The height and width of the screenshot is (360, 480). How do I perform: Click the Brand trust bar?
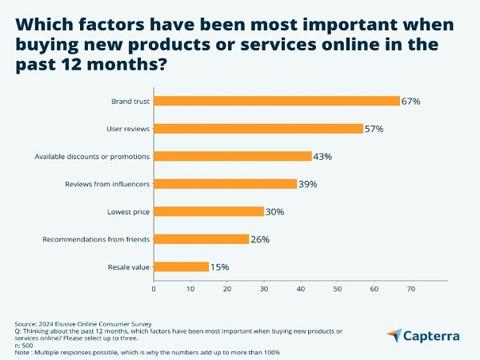pyautogui.click(x=277, y=101)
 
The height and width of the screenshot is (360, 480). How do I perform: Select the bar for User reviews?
pyautogui.click(x=258, y=128)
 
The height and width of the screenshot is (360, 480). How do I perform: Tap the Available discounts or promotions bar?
pyautogui.click(x=233, y=156)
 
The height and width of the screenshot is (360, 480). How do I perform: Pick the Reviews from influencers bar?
pyautogui.click(x=226, y=183)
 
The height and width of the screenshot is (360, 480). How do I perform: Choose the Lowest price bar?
pyautogui.click(x=209, y=211)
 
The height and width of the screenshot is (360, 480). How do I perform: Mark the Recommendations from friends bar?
pyautogui.click(x=202, y=238)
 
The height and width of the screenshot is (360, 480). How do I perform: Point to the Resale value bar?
pyautogui.click(x=182, y=266)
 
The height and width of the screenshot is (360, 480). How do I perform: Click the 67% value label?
pyautogui.click(x=411, y=102)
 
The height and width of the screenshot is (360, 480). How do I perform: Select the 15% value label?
pyautogui.click(x=220, y=267)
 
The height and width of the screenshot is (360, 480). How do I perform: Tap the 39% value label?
pyautogui.click(x=308, y=184)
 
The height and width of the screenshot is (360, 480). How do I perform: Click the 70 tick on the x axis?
pyautogui.click(x=411, y=288)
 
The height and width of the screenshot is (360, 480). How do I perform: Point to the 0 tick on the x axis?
pyautogui.click(x=154, y=288)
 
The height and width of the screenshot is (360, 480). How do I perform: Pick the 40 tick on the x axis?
pyautogui.click(x=301, y=288)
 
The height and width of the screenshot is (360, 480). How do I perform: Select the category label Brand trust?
pyautogui.click(x=130, y=101)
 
